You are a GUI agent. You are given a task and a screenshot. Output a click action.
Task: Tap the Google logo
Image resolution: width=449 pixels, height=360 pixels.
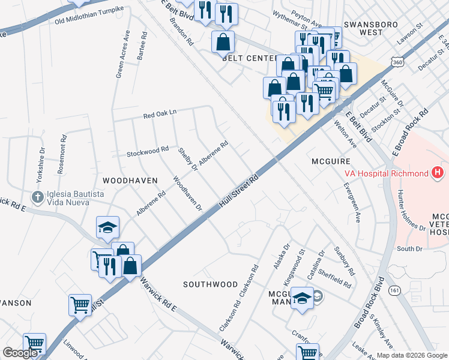click(x=20, y=353)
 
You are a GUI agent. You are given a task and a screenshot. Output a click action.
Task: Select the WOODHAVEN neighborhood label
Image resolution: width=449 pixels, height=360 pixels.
click(x=130, y=180)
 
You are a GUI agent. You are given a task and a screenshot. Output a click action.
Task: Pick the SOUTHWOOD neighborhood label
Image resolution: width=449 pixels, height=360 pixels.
click(x=210, y=284)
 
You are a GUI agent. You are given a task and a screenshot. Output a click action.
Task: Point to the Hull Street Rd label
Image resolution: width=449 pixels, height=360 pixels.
click(x=239, y=192)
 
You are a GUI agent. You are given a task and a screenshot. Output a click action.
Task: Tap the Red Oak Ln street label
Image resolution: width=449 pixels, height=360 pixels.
click(x=160, y=113)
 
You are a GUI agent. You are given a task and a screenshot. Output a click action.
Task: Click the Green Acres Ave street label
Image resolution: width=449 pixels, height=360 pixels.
click(x=121, y=55)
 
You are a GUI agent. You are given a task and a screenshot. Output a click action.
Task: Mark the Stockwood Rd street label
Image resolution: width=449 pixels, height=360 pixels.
click(x=148, y=151)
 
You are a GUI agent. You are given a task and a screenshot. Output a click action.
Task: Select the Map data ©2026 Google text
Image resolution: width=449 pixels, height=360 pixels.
click(x=412, y=355)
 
